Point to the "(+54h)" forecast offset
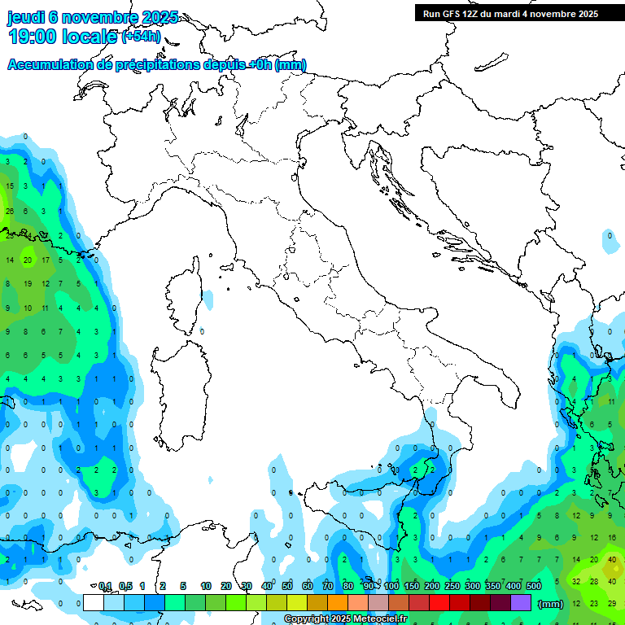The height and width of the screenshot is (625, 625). [142, 37]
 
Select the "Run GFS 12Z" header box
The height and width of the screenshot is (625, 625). [510, 13]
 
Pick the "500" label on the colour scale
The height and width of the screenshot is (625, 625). [534, 587]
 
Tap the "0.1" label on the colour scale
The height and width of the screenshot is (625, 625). [105, 587]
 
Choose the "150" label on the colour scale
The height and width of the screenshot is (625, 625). [412, 587]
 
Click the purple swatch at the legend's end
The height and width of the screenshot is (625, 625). [521, 602]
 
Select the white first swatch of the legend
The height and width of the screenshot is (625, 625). [94, 602]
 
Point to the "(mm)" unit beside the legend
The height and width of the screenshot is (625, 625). [551, 604]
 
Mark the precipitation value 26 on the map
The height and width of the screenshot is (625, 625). [10, 212]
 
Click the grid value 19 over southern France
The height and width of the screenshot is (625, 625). [28, 284]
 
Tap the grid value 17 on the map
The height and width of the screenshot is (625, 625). [46, 260]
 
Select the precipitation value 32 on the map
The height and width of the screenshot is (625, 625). [576, 581]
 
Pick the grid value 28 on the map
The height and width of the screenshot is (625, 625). [594, 581]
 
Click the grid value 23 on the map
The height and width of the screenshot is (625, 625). [594, 603]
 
